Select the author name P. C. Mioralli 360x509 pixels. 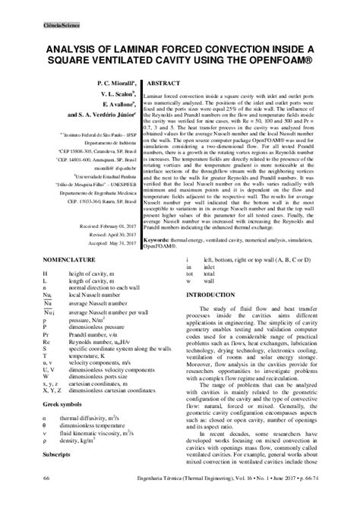(113, 79)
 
